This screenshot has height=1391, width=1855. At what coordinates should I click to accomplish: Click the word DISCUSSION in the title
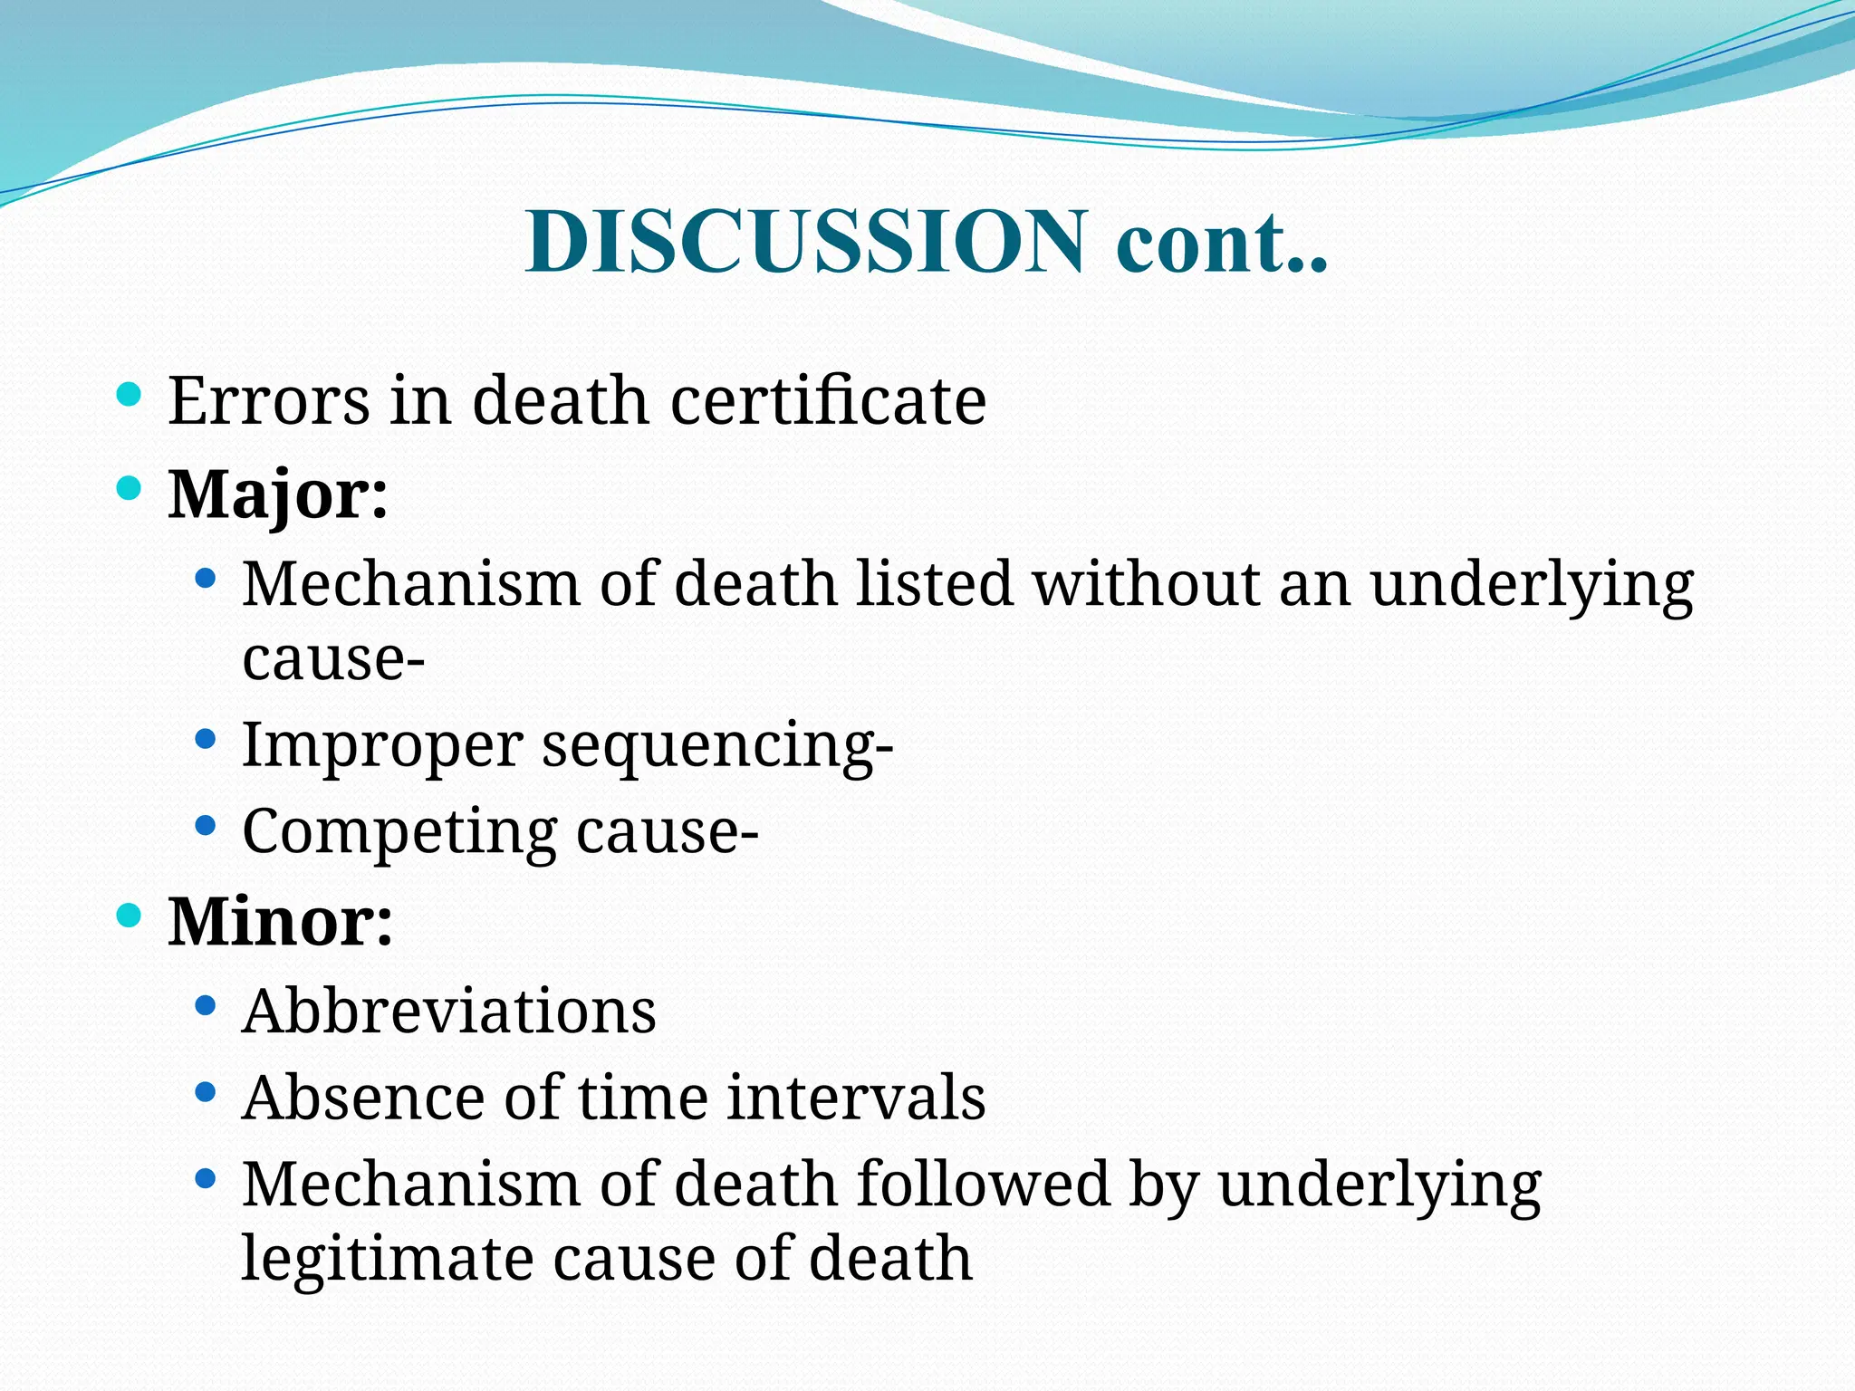coord(805,241)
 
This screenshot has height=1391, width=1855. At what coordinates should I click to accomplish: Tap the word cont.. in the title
coord(1222,241)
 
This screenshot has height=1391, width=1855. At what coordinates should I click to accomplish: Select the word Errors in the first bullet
coord(269,400)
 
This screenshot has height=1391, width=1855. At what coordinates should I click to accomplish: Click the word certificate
coord(828,400)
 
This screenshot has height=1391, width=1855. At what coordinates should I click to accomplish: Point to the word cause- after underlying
coord(333,657)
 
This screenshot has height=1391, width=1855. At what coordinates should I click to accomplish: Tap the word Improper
coord(382,746)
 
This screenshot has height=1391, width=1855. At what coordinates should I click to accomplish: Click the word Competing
coord(399,831)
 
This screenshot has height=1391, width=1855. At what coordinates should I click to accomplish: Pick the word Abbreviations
coord(448,1011)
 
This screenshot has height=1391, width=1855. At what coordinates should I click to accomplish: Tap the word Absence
coord(362,1098)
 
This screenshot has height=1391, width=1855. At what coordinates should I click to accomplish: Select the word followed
coord(983,1185)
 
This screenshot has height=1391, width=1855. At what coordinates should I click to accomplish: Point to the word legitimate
coord(387,1259)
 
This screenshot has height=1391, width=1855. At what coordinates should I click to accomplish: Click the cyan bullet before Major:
coord(130,489)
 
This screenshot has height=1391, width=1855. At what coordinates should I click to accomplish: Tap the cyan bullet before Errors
coord(130,394)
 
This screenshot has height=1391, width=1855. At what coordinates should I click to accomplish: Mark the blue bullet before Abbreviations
coord(206,1005)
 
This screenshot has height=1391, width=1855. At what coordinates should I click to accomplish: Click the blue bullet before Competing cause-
coord(206,826)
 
